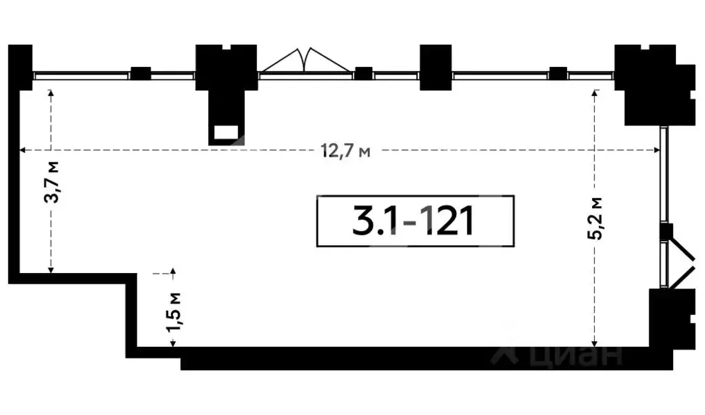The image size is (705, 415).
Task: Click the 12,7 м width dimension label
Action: coord(345,150)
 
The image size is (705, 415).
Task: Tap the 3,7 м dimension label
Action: coord(52,182)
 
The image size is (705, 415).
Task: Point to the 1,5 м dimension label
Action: coord(174,312)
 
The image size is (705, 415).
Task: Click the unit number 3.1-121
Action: coord(413,221)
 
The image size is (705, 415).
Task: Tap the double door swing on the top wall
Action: coord(305,60)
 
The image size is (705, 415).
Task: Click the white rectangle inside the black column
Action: coord(226,132)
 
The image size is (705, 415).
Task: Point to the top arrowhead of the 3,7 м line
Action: coord(51,92)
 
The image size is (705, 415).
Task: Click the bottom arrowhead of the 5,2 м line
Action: coord(595,343)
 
